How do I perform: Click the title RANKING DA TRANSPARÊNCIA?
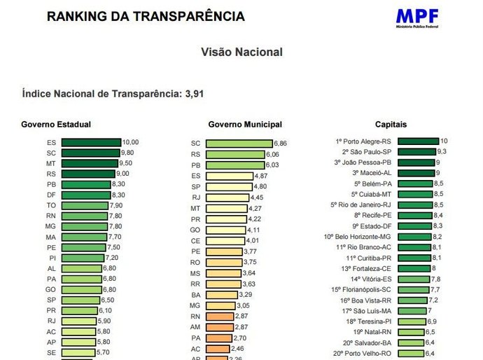[146, 16]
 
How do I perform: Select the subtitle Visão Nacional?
[241, 53]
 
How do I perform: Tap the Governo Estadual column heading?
[56, 125]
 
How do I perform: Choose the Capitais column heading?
[391, 125]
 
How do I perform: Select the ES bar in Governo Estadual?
[91, 142]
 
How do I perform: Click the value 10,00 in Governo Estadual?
[131, 142]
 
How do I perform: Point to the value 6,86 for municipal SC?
[280, 144]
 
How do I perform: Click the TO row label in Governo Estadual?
[51, 206]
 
